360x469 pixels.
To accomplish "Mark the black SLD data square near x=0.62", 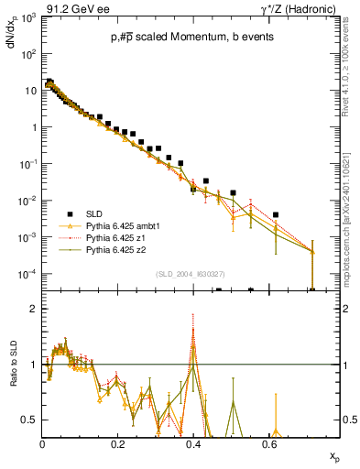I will tap(276, 215).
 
